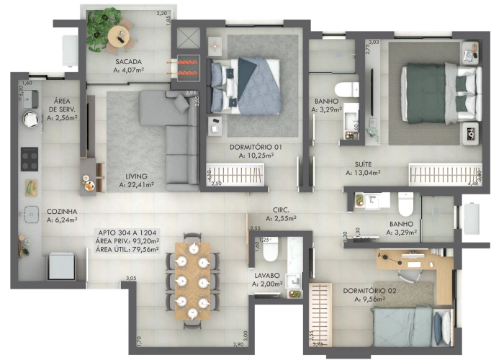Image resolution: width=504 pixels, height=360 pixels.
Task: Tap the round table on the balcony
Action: click(117, 34)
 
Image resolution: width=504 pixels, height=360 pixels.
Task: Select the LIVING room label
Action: click(135, 176)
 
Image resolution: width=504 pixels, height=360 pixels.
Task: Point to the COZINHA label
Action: click(62, 212)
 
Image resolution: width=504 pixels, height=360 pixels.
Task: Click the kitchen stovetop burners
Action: click(29, 158)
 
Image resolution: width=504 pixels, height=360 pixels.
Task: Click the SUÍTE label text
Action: click(362, 164)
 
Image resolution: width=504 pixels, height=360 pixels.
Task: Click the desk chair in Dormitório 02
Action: click(409, 267)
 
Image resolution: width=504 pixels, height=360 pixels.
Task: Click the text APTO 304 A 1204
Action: click(127, 233)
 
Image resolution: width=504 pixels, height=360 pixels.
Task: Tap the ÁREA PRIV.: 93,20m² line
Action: click(127, 241)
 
